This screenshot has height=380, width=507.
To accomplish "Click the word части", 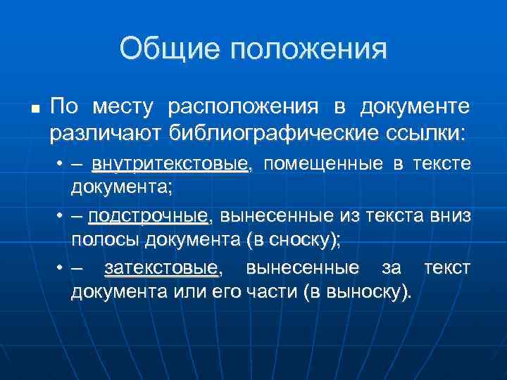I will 268,292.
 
